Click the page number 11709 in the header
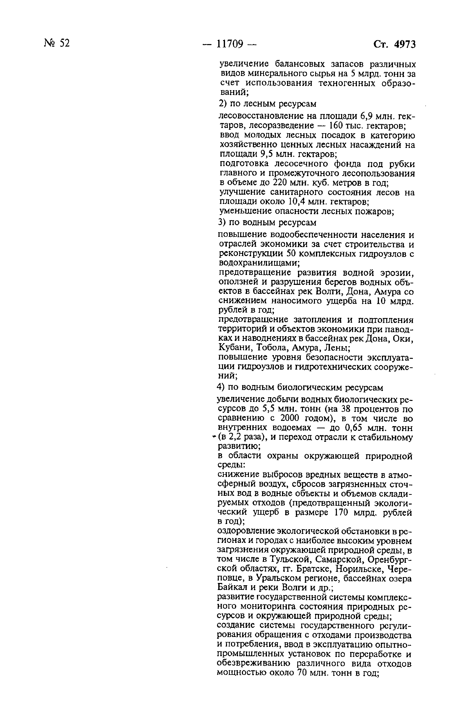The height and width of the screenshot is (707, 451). [230, 44]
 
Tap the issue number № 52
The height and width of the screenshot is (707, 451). [57, 43]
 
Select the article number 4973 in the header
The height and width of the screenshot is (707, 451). [405, 44]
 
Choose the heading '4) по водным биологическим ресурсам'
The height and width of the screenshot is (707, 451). [300, 387]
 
